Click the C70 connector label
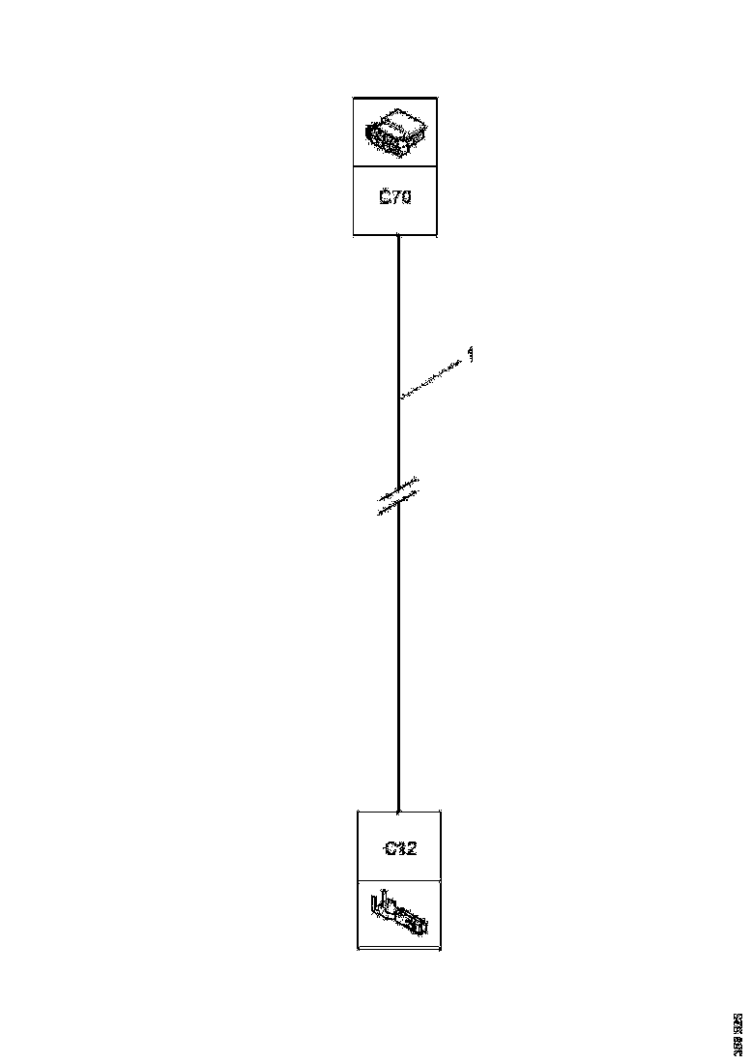(394, 198)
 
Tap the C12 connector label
(399, 848)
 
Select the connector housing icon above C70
(394, 132)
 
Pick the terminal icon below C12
(397, 914)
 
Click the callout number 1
(471, 355)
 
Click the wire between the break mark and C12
(398, 658)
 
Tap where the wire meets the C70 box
(398, 235)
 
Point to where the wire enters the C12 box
(398, 811)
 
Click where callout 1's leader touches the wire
(399, 397)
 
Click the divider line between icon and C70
(394, 165)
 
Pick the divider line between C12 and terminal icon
(399, 880)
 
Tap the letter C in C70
(384, 198)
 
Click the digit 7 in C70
(394, 198)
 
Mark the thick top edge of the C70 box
(394, 98)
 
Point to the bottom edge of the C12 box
(399, 950)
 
